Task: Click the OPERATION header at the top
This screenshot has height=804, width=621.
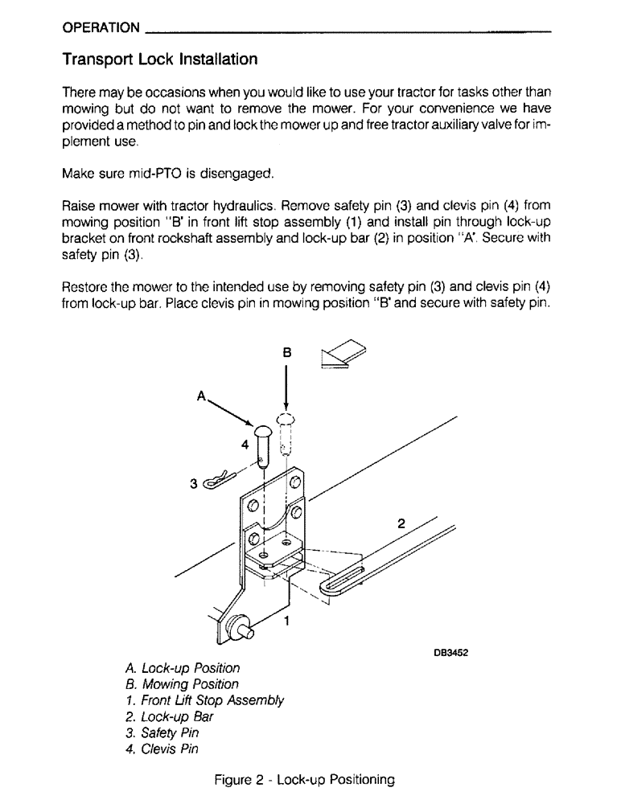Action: point(101,27)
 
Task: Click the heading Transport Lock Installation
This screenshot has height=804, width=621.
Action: point(160,59)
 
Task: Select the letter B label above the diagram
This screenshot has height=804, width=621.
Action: point(287,352)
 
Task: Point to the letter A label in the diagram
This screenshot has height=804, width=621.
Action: point(202,396)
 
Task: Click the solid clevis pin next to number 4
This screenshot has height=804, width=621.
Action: point(262,445)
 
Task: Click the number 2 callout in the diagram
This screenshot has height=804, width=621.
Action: point(401,523)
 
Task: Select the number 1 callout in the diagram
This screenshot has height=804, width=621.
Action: point(286,620)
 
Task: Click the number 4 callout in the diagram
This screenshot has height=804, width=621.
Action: point(245,444)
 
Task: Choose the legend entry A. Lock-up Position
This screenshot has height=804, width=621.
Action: point(183,668)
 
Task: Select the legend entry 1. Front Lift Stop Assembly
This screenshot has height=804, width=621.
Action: point(204,700)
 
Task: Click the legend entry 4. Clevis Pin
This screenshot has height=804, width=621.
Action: point(162,749)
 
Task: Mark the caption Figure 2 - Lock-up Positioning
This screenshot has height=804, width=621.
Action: point(304,780)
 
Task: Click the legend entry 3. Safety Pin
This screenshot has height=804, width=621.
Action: point(162,733)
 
